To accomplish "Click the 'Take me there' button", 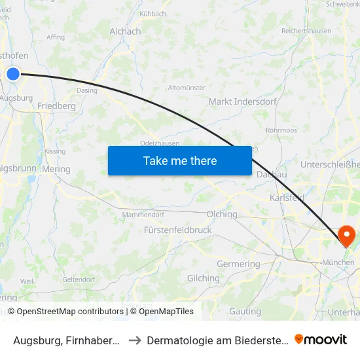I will tap(180, 160).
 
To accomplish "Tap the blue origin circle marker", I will tap(13, 74).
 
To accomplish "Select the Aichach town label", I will tap(125, 31).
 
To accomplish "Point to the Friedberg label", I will tap(56, 105).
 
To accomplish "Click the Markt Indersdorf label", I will tap(242, 101).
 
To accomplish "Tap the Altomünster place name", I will tap(187, 87).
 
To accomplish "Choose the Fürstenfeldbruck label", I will tap(178, 230).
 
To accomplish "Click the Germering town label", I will tap(238, 264).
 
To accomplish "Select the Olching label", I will tap(222, 214).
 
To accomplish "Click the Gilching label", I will tap(204, 278).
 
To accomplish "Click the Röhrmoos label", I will tap(281, 130).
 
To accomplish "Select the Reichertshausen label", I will tap(306, 31).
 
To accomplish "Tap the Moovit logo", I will tap(321, 339).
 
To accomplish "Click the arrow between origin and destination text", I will tap(134, 340).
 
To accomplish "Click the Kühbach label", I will tap(153, 13).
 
